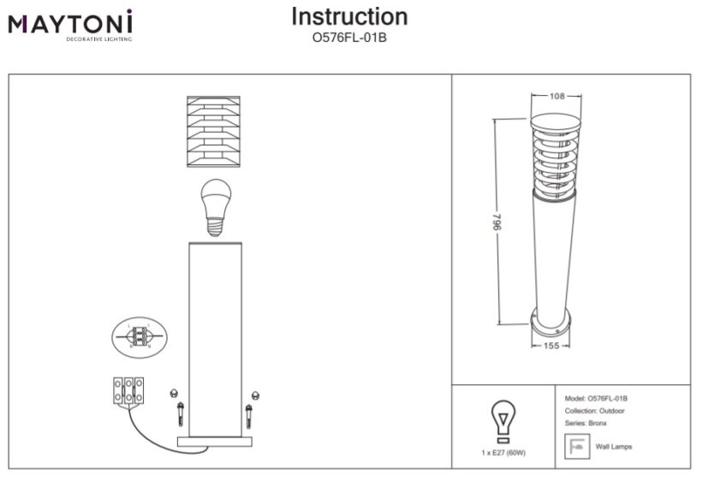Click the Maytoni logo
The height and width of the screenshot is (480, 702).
(70, 25)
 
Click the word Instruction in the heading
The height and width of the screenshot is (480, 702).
(349, 17)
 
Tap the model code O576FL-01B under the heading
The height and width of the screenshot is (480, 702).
(350, 37)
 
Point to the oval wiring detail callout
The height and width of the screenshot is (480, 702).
(138, 336)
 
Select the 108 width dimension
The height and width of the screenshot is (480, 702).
(556, 96)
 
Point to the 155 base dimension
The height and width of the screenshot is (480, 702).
(551, 346)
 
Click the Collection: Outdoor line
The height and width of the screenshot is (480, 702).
(596, 411)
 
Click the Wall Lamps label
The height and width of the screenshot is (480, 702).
(614, 447)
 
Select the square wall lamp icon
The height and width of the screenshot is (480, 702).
(576, 447)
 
